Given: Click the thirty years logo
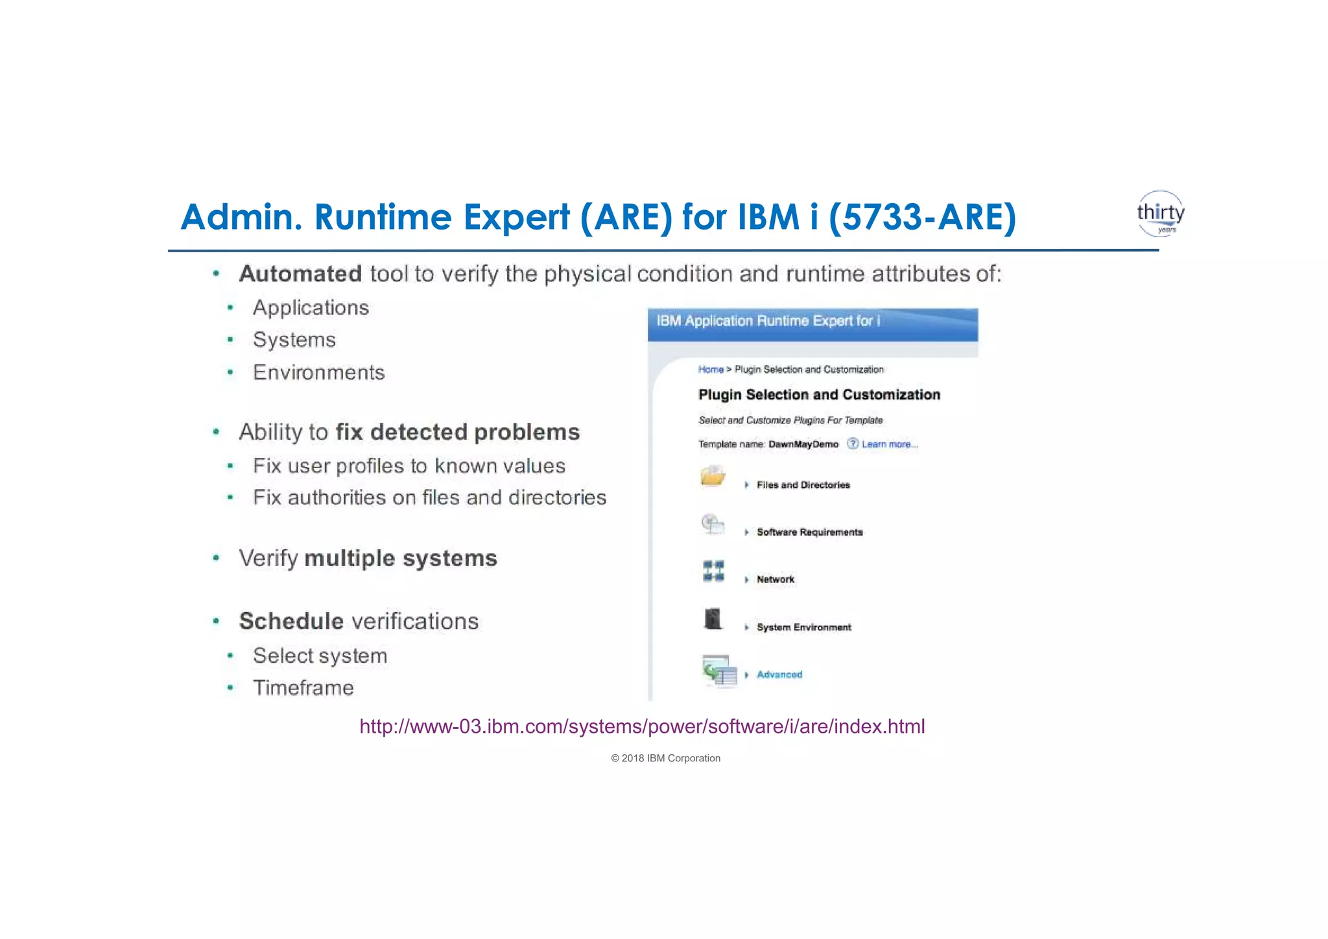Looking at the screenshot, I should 1160,213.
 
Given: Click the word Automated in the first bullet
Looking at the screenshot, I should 300,274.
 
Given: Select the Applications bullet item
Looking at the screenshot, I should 311,307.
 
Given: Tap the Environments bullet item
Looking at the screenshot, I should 318,372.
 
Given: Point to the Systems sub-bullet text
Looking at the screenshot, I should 294,340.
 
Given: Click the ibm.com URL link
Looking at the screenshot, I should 642,726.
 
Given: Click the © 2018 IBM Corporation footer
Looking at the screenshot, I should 665,758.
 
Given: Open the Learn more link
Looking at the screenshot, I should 889,444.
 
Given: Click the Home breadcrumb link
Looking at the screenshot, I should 711,370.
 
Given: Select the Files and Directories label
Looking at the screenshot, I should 803,485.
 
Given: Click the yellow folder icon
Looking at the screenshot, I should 713,477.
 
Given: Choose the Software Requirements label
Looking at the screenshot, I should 809,532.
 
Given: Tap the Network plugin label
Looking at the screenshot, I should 775,580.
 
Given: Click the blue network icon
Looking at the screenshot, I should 713,571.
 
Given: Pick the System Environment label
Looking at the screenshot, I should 803,627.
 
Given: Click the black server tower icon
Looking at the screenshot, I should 713,619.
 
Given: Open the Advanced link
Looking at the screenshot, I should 779,674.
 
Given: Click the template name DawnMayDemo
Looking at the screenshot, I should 803,444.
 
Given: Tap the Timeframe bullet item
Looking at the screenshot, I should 303,687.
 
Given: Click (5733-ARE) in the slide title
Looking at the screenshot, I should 921,217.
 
